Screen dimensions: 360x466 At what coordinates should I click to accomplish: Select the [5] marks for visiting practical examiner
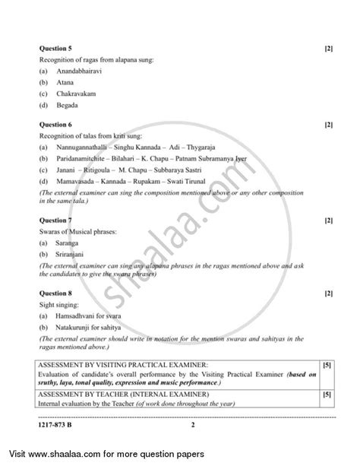pos(327,366)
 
